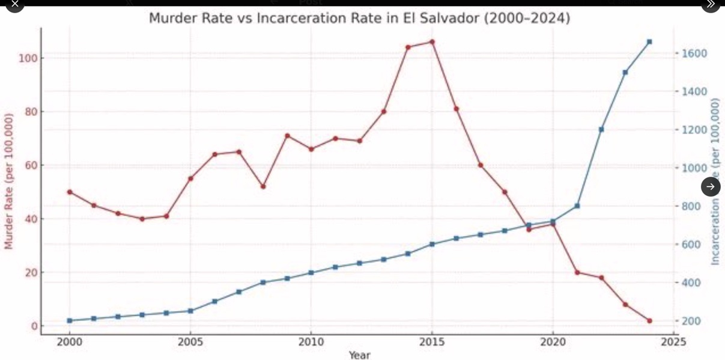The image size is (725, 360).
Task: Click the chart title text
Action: tap(359, 19)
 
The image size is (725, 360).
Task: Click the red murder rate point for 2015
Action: tap(432, 42)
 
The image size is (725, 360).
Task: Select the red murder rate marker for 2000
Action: tap(70, 192)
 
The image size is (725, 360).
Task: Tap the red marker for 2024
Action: tap(649, 321)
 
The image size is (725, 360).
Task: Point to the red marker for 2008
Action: tap(263, 186)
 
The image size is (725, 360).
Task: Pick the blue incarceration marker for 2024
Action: tap(649, 42)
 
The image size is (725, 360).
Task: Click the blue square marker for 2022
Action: tap(601, 129)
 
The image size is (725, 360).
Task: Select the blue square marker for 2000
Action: tap(70, 321)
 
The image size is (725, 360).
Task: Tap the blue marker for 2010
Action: tap(311, 273)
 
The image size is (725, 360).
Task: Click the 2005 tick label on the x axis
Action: tap(190, 343)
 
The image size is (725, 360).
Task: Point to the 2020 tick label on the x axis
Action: tap(553, 343)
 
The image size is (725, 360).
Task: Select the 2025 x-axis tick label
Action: tap(673, 343)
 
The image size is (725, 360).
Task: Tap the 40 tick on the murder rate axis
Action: tap(33, 219)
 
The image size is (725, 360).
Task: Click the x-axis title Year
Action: tap(359, 355)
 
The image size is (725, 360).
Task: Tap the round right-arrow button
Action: tap(711, 187)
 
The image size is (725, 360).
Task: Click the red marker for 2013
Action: tap(384, 112)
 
